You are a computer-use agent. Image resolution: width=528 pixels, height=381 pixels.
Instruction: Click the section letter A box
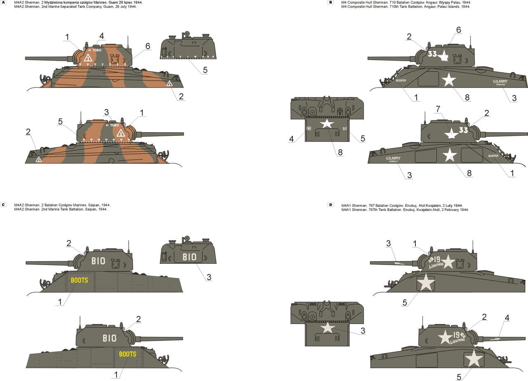4,2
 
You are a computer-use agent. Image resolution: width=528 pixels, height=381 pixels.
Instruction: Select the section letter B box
330,2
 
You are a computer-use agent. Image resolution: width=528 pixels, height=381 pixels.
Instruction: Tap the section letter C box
4,205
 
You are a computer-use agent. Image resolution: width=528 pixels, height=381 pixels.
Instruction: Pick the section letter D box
330,205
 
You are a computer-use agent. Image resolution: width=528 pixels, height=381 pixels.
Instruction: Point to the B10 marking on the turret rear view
189,257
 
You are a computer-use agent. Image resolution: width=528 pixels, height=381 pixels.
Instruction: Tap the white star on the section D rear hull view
328,327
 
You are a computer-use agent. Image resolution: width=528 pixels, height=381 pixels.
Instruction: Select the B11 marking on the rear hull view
345,129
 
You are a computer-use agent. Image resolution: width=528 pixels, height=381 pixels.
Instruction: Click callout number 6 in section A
148,46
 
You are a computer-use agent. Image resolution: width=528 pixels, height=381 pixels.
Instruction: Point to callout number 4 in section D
507,317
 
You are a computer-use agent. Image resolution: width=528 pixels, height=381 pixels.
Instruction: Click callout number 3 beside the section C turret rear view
209,277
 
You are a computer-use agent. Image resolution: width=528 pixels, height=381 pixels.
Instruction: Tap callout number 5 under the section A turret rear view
205,70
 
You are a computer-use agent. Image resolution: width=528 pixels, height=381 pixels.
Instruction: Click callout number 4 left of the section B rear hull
292,139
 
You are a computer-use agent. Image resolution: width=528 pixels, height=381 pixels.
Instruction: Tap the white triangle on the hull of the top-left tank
169,83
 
